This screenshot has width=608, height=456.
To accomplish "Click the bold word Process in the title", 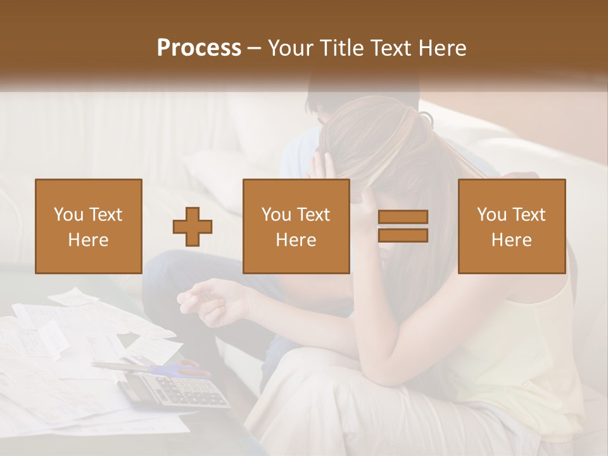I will pyautogui.click(x=199, y=48).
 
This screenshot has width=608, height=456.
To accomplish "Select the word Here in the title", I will pyautogui.click(x=441, y=48).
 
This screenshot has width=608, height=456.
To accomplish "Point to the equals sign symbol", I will pyautogui.click(x=403, y=226).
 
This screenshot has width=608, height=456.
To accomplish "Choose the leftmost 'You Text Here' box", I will pyautogui.click(x=89, y=226).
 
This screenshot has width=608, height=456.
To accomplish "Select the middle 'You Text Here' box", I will pyautogui.click(x=296, y=226).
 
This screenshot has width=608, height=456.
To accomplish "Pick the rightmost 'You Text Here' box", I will pyautogui.click(x=512, y=226).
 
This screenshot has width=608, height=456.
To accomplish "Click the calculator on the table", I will pyautogui.click(x=174, y=389).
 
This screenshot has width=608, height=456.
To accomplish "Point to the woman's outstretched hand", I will pyautogui.click(x=203, y=298).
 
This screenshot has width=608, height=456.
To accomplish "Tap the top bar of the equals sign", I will pyautogui.click(x=403, y=217).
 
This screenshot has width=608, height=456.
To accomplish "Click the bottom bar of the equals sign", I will pyautogui.click(x=403, y=235).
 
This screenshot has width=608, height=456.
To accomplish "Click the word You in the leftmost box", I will pyautogui.click(x=68, y=215).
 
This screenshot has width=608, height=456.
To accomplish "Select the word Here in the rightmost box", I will pyautogui.click(x=512, y=240).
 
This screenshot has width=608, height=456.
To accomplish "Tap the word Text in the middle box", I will pyautogui.click(x=313, y=215).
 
